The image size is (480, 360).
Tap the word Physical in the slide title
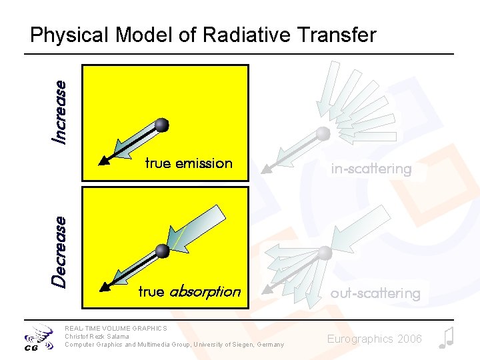(x=70, y=35)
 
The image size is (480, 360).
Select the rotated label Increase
(x=60, y=111)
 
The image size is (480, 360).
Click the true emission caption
(x=189, y=163)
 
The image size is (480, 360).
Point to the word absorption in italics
(x=205, y=291)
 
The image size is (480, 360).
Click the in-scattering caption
(x=371, y=169)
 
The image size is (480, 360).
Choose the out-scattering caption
(x=375, y=293)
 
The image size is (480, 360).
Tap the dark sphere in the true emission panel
(x=161, y=125)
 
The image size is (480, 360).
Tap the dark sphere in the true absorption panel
(x=162, y=251)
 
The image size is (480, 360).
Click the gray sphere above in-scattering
(x=323, y=133)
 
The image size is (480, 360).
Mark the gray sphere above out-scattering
(x=325, y=253)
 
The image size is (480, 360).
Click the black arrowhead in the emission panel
(x=104, y=159)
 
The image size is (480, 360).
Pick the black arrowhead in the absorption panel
(x=104, y=287)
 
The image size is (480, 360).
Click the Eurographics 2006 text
(x=374, y=339)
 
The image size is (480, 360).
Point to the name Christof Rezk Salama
(x=97, y=336)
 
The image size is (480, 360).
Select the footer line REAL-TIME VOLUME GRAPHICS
(x=115, y=328)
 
